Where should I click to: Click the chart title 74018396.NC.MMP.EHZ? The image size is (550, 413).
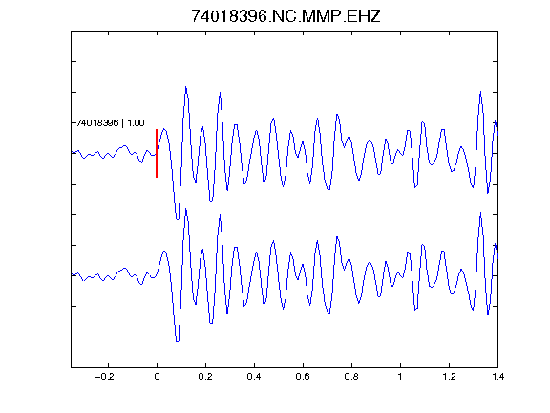[286, 16]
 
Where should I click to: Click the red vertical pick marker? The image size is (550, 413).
[157, 153]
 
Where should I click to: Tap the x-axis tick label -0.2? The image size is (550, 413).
[104, 377]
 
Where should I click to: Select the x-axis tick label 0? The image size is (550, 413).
[157, 377]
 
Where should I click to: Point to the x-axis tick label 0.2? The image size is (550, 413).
[205, 377]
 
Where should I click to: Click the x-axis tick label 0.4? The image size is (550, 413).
[254, 377]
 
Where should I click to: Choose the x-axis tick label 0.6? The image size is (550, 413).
[303, 377]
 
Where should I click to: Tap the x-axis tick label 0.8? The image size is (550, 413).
[351, 377]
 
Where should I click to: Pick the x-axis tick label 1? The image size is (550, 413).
[400, 377]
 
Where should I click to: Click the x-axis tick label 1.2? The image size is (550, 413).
[449, 377]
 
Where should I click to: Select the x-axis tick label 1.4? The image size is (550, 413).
[497, 377]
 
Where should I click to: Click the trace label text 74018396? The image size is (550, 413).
[97, 123]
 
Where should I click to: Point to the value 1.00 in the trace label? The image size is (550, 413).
[136, 123]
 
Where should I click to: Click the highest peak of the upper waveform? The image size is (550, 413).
[186, 87]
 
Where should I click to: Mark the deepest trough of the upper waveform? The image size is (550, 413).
[178, 219]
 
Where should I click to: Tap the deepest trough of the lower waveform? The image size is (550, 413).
[178, 341]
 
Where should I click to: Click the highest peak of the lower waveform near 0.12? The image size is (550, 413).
[186, 209]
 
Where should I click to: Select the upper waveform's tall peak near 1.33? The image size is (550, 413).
[480, 92]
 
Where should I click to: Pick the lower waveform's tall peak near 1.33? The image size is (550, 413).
[480, 213]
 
